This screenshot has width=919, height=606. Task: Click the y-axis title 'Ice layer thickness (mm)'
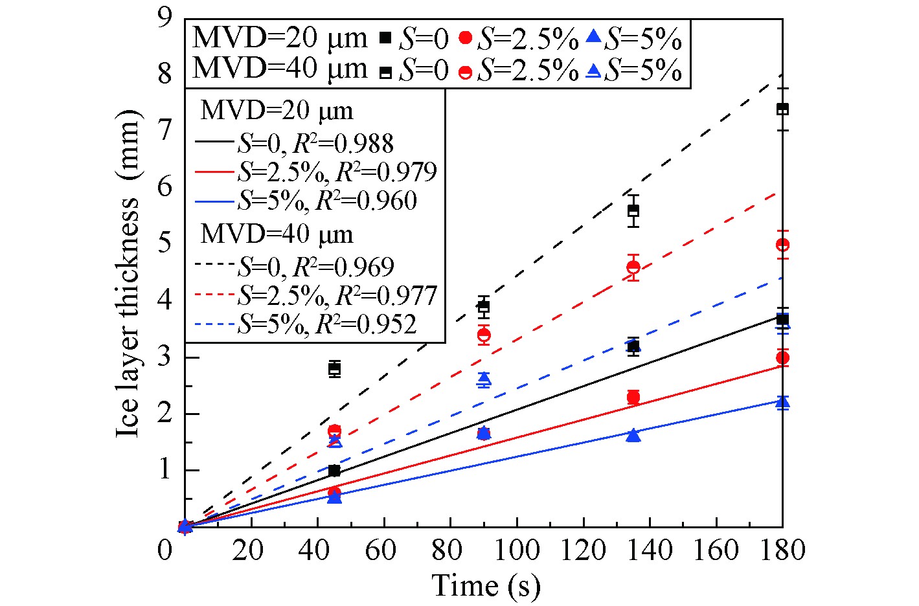128,272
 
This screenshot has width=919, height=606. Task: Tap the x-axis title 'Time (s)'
486,585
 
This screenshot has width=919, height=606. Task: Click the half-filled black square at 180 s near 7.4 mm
782,109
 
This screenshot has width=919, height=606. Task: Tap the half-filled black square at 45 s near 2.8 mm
335,369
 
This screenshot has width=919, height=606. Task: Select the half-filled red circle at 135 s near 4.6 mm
633,267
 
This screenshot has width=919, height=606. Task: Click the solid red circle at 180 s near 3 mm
782,357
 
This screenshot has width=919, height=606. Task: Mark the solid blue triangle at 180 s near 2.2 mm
782,403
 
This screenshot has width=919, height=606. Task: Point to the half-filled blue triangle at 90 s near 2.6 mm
484,379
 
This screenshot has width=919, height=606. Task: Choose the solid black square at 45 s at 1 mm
335,471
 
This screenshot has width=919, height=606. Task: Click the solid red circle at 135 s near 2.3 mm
633,398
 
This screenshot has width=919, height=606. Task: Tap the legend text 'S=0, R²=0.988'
315,144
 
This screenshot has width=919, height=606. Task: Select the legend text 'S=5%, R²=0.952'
327,324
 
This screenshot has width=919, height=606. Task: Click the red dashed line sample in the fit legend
214,296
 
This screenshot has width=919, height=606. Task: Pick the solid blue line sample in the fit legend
214,201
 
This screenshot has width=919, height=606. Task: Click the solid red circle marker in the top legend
464,38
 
